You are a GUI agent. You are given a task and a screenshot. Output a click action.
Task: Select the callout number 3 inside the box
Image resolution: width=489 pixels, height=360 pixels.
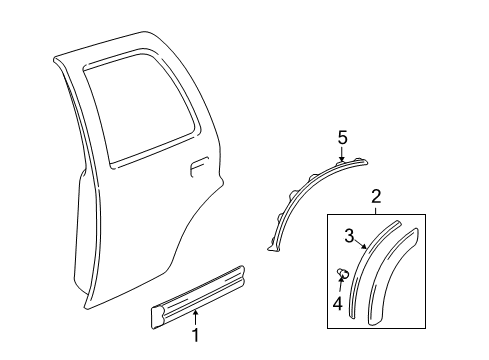350,237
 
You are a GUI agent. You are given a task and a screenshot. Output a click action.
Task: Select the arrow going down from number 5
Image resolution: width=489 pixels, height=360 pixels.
342,152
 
